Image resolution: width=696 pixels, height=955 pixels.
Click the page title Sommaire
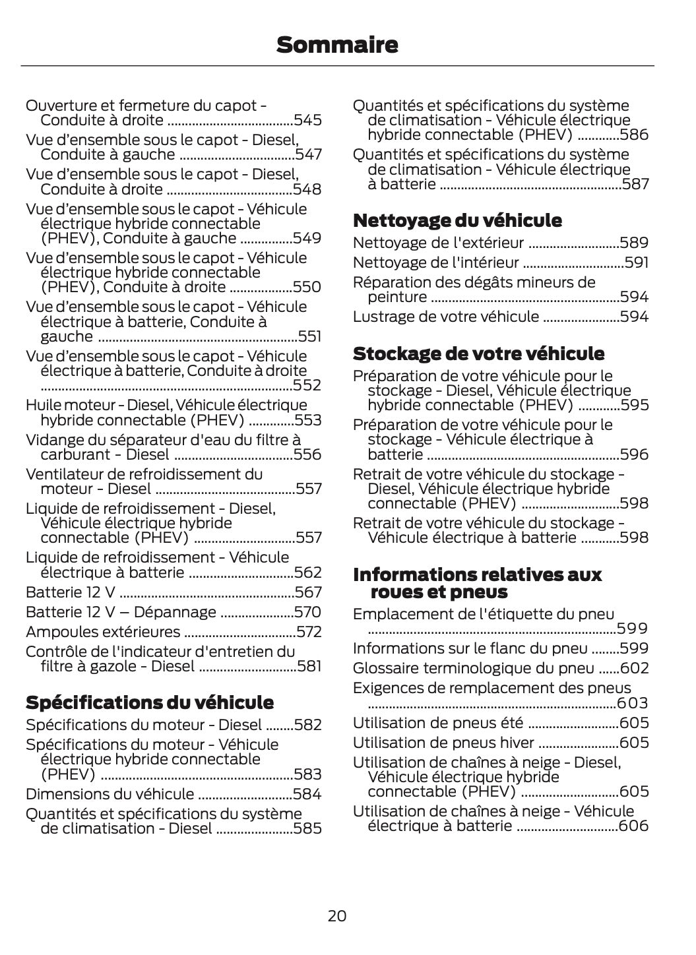[337, 45]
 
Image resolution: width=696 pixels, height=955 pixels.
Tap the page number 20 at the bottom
[336, 915]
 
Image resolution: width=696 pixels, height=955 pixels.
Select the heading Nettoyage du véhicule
[457, 220]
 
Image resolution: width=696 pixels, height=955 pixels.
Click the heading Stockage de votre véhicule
[478, 354]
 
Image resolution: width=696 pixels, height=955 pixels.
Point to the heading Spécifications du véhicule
[149, 702]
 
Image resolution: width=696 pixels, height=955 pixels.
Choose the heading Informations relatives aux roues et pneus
[477, 583]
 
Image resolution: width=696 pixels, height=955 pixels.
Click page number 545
[307, 120]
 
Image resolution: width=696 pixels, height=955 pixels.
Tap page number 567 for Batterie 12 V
[308, 592]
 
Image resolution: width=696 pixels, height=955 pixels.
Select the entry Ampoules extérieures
[103, 632]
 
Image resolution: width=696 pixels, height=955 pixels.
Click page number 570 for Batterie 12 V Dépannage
[308, 612]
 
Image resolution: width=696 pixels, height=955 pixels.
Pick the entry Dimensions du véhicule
[110, 794]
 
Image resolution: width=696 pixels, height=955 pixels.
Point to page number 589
[634, 243]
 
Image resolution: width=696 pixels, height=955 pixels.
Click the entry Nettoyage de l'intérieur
[435, 262]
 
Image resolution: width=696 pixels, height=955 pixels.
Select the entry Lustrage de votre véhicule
[446, 317]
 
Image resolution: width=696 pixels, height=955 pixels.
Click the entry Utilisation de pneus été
[438, 723]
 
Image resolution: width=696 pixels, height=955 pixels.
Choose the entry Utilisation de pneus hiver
[444, 743]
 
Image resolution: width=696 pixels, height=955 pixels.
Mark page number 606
[634, 826]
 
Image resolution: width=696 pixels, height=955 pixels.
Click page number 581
[309, 666]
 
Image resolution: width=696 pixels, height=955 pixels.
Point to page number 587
[635, 184]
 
